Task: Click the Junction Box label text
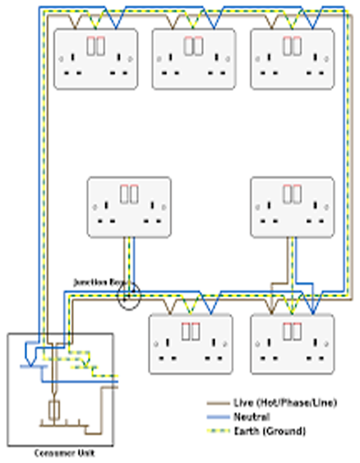coord(99,282)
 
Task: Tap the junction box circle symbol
coord(128,295)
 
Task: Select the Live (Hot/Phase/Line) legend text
coord(285,403)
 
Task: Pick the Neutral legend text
coord(251,417)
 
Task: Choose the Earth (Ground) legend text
coord(269,431)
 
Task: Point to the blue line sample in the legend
coord(218,417)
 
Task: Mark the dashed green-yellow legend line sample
coord(218,431)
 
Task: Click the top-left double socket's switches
coord(96,45)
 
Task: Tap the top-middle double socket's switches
coord(194,45)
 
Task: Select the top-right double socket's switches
coord(292,45)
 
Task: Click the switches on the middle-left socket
coord(129,194)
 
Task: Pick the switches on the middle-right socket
coord(292,194)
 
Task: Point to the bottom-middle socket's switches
coord(190,331)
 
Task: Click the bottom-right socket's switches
coord(292,331)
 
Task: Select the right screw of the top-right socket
coord(327,59)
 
